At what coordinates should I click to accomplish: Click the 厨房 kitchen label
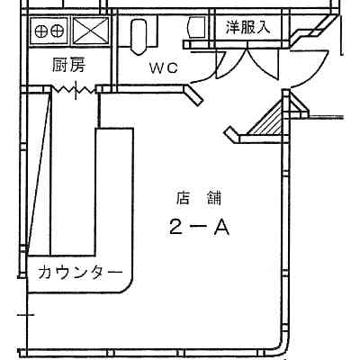click(x=68, y=65)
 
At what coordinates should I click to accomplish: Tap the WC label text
click(x=164, y=68)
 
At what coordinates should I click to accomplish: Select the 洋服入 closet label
click(x=247, y=27)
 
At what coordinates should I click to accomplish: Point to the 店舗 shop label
click(x=199, y=198)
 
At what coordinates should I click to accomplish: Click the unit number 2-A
click(x=200, y=227)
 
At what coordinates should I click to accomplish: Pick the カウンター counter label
click(x=80, y=273)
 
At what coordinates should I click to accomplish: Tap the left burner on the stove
click(x=40, y=31)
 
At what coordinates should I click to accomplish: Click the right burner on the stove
click(x=57, y=31)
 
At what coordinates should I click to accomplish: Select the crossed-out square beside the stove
click(x=91, y=31)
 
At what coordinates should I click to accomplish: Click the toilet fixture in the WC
click(x=139, y=37)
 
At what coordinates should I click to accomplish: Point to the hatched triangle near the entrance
click(x=268, y=121)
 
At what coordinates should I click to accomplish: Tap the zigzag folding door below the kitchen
click(x=75, y=89)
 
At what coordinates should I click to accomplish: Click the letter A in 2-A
click(x=221, y=227)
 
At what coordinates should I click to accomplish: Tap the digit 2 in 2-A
click(x=175, y=227)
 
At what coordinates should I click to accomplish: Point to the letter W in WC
click(x=157, y=68)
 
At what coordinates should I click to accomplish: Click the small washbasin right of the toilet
click(x=195, y=28)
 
